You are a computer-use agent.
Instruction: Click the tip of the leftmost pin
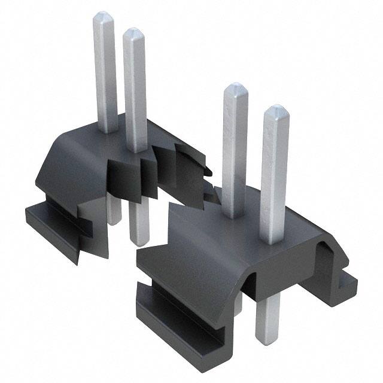(x=105, y=16)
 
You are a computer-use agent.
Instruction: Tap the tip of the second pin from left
(x=133, y=32)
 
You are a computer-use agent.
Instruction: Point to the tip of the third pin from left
(x=235, y=88)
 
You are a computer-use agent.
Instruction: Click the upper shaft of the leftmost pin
(x=106, y=72)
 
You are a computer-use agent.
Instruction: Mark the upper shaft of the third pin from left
(x=235, y=150)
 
